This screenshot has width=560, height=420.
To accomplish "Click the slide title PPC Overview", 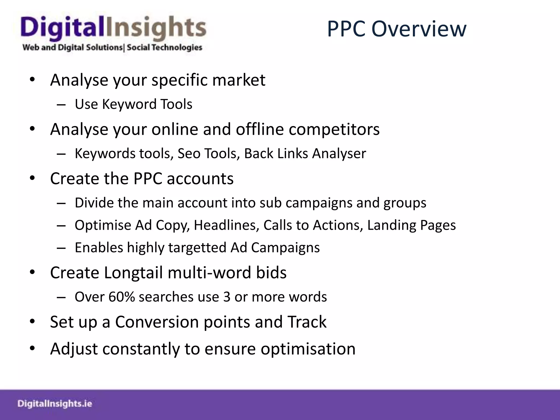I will pyautogui.click(x=396, y=29).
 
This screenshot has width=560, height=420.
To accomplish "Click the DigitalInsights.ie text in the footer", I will pyautogui.click(x=55, y=404).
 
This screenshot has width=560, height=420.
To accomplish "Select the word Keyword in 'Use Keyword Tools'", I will pyautogui.click(x=129, y=104).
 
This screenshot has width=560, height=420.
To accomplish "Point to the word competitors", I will pyautogui.click(x=334, y=129).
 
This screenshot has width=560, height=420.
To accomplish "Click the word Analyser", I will pyautogui.click(x=339, y=153).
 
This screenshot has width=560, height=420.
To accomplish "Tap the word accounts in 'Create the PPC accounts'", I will pyautogui.click(x=200, y=179).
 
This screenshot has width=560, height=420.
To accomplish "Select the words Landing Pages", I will pyautogui.click(x=411, y=225).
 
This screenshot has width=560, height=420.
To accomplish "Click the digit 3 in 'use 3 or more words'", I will pyautogui.click(x=227, y=297).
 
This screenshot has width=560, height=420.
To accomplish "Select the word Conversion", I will pyautogui.click(x=157, y=322).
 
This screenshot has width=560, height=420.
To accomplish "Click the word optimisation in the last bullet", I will pyautogui.click(x=308, y=349).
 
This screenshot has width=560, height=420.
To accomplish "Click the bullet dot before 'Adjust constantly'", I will pyautogui.click(x=33, y=348).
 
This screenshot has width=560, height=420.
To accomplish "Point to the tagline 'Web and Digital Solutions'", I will pyautogui.click(x=72, y=47).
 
